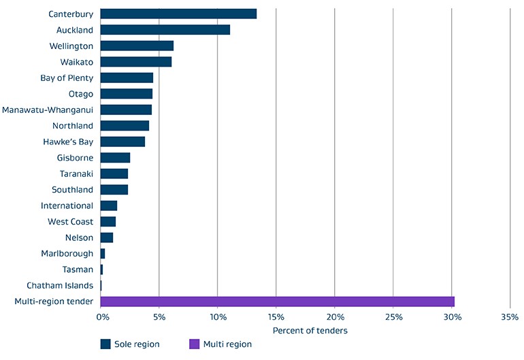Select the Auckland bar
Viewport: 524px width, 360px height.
(x=165, y=30)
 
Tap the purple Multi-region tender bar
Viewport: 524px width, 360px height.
(x=277, y=301)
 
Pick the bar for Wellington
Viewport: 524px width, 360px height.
(x=137, y=46)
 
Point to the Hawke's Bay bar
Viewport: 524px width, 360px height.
(x=122, y=142)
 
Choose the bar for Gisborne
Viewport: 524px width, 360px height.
(x=115, y=158)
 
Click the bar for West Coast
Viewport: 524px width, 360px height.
(x=108, y=222)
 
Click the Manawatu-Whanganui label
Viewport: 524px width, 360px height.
(x=48, y=110)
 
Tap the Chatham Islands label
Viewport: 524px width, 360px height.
(x=60, y=286)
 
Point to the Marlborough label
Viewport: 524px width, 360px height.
(x=67, y=254)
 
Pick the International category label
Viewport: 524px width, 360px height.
(x=67, y=206)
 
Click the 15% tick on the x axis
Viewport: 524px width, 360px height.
(x=276, y=317)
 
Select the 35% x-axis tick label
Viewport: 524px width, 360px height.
(x=510, y=317)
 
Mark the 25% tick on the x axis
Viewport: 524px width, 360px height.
(x=393, y=317)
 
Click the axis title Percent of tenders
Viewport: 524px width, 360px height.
(x=310, y=331)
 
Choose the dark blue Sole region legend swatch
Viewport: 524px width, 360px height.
(x=105, y=344)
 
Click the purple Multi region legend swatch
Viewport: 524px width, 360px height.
(x=194, y=344)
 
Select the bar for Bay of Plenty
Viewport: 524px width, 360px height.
(x=127, y=78)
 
